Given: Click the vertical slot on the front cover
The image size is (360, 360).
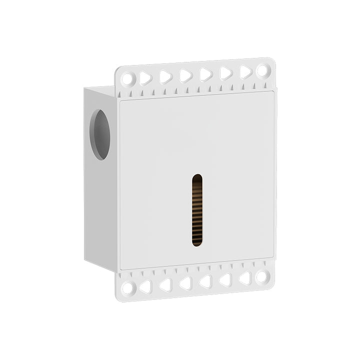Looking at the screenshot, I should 197,210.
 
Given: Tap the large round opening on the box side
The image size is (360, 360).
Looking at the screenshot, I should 100,134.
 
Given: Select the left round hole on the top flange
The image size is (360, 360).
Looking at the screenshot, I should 127,79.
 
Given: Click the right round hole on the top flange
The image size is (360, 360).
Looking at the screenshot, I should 262,70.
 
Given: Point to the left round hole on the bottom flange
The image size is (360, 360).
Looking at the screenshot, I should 127,288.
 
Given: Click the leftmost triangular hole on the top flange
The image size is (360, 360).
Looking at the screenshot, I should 145,77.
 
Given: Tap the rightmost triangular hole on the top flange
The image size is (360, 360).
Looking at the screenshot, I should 245,72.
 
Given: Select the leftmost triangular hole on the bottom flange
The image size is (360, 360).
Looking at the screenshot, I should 145,286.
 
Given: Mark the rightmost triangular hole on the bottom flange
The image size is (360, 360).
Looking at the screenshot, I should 245,278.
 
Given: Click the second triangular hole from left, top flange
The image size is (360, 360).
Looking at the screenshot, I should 165,76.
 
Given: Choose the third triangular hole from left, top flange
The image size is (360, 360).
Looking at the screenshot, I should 185,75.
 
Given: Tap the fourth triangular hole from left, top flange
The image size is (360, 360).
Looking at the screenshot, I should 205,74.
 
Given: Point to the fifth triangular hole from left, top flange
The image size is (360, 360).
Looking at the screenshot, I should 225,73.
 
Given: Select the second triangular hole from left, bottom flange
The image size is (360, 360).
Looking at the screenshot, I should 165,285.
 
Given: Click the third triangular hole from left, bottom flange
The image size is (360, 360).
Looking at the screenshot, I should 185,283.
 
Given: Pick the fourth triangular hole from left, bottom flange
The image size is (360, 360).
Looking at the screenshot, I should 205,281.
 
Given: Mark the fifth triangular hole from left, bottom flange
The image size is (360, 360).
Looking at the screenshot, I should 225,280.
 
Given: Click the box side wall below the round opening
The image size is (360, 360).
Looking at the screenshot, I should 100,210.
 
